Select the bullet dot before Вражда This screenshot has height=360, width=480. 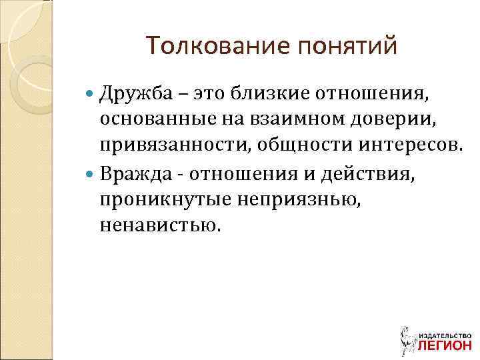pyautogui.click(x=91, y=174)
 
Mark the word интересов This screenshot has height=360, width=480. pyautogui.click(x=408, y=147)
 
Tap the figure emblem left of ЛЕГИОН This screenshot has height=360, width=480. pyautogui.click(x=407, y=339)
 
